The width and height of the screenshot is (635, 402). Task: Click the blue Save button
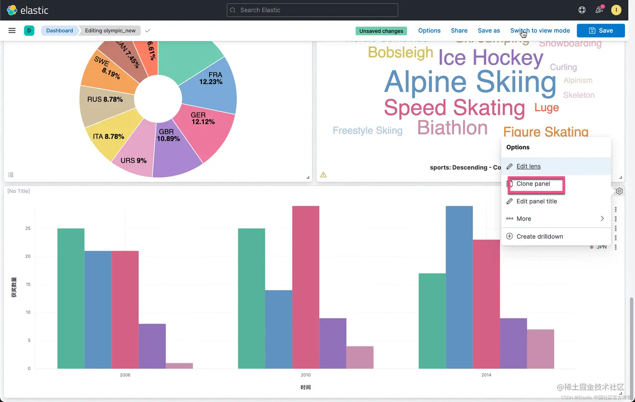click(601, 31)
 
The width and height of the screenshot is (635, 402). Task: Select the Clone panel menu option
click(533, 184)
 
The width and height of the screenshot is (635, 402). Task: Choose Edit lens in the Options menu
click(528, 166)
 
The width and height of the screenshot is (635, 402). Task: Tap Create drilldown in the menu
click(539, 236)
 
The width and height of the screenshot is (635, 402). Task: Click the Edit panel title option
click(536, 202)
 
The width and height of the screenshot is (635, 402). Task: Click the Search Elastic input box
click(312, 10)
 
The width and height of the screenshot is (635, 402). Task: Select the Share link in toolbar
click(459, 31)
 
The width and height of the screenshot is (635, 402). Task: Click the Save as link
click(489, 31)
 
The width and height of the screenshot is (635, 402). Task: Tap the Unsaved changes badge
click(381, 31)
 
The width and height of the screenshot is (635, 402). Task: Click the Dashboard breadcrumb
click(60, 31)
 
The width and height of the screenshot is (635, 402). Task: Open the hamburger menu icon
click(12, 31)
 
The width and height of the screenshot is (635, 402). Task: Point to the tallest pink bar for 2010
click(306, 286)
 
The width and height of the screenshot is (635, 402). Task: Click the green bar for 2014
click(432, 319)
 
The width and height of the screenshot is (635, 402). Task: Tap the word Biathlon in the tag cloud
click(452, 128)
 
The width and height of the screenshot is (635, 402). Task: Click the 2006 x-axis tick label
click(125, 375)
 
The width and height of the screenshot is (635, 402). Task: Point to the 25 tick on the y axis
click(28, 229)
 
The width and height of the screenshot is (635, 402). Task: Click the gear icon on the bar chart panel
click(619, 192)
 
